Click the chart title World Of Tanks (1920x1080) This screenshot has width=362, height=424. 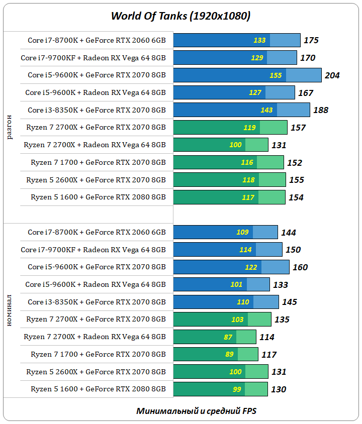point(180,16)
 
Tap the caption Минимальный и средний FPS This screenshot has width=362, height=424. point(196,411)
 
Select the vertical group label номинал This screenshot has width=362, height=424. point(11,311)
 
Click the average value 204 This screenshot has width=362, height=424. point(332,75)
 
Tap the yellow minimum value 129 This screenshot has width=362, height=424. point(257,58)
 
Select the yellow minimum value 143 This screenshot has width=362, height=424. point(266,110)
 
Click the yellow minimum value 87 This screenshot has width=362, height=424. point(228,337)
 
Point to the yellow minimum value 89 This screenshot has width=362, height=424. point(229,355)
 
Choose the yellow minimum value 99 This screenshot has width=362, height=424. point(237,389)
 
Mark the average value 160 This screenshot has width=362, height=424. point(300,267)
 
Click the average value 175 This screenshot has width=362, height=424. point(311,41)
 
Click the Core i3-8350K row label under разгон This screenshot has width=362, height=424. point(97,110)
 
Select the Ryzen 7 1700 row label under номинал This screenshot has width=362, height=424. point(98,354)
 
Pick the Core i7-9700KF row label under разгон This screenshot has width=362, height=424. point(93,58)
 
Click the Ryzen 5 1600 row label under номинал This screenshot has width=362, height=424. point(98,389)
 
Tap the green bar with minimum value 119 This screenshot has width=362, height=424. point(230,128)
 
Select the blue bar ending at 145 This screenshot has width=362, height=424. point(226,302)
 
